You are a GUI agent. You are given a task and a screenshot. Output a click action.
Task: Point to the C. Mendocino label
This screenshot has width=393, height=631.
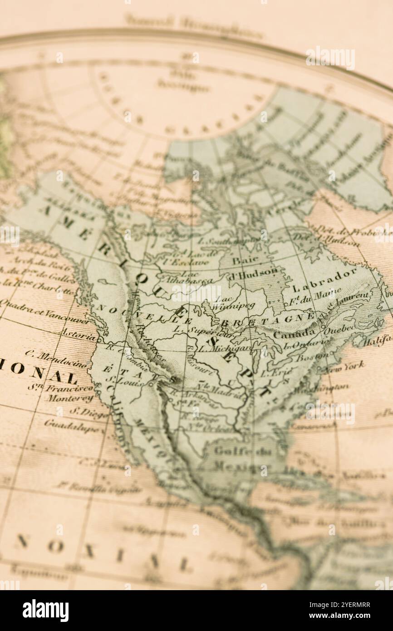pyautogui.click(x=55, y=358)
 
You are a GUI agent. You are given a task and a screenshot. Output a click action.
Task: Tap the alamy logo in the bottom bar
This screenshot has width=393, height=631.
pyautogui.click(x=45, y=611)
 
